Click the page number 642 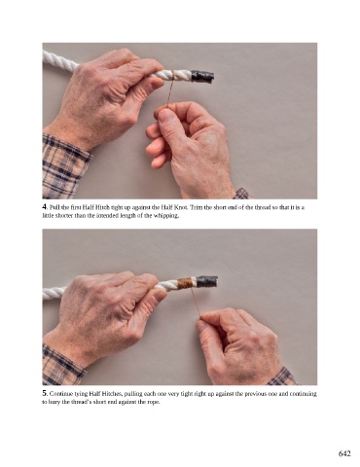tap(344, 453)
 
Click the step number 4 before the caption tap(45, 207)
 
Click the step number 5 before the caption tap(45, 393)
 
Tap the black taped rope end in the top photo tap(203, 76)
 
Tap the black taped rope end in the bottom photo tap(206, 281)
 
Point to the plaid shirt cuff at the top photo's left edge tap(64, 163)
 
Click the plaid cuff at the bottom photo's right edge tap(281, 377)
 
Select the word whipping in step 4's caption tap(166, 216)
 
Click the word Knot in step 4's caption tap(180, 207)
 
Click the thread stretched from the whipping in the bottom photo tap(196, 303)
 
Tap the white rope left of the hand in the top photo tap(60, 59)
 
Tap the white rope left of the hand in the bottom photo tap(54, 293)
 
